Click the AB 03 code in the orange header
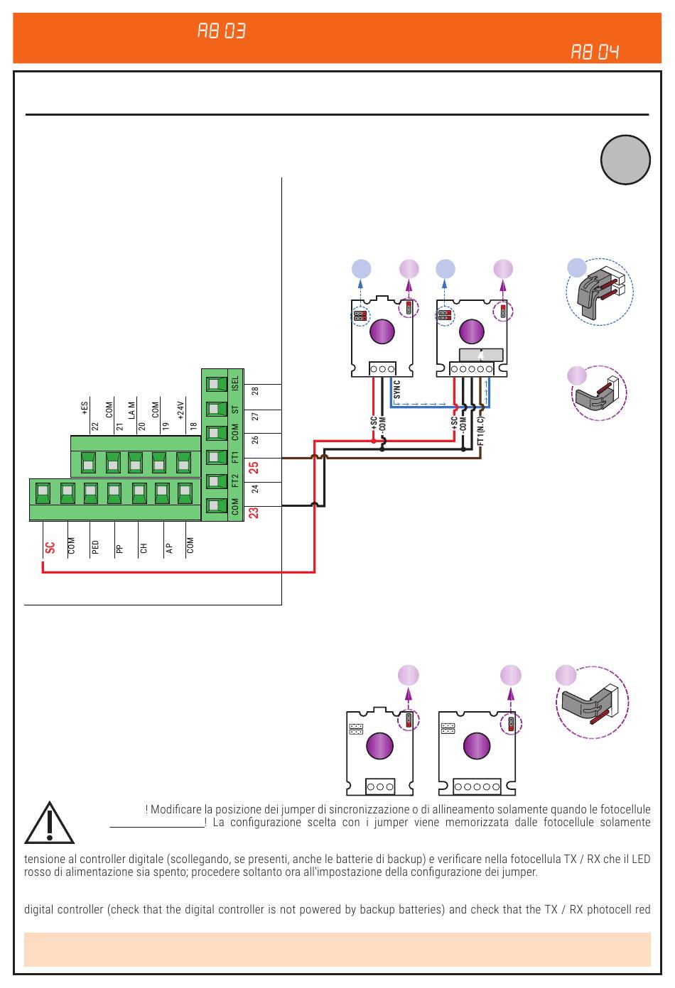[x=221, y=31]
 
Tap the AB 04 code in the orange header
[x=595, y=52]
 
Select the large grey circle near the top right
[x=625, y=160]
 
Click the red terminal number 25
[x=254, y=468]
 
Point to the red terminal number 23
[x=254, y=513]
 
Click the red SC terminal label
[x=50, y=548]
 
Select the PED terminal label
[x=95, y=547]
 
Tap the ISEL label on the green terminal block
[x=235, y=383]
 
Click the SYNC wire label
[x=396, y=390]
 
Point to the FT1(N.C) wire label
[x=481, y=431]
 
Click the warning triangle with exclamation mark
[x=49, y=823]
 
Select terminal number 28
[x=255, y=391]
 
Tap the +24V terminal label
[x=180, y=410]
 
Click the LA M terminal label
[x=131, y=410]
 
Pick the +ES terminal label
[x=85, y=407]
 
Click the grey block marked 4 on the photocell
[x=481, y=355]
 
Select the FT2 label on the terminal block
[x=235, y=481]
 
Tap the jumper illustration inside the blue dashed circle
[x=600, y=292]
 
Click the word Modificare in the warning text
[x=175, y=809]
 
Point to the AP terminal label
[x=169, y=548]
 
